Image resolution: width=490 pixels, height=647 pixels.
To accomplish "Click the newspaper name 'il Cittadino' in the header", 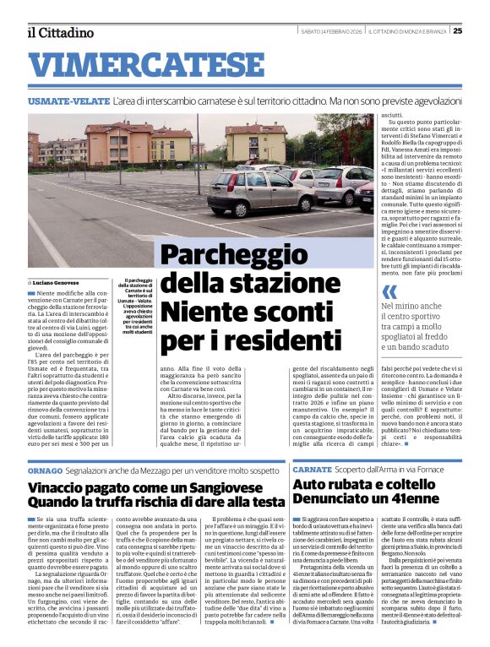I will pyautogui.click(x=60, y=32).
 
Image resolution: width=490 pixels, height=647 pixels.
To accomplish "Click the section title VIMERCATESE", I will pyautogui.click(x=152, y=64).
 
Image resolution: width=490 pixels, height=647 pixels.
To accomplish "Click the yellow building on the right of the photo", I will pyautogui.click(x=255, y=142).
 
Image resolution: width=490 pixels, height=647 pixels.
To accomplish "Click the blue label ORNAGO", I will pyautogui.click(x=45, y=469).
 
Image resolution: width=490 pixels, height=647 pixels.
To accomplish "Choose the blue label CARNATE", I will pyautogui.click(x=313, y=469).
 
